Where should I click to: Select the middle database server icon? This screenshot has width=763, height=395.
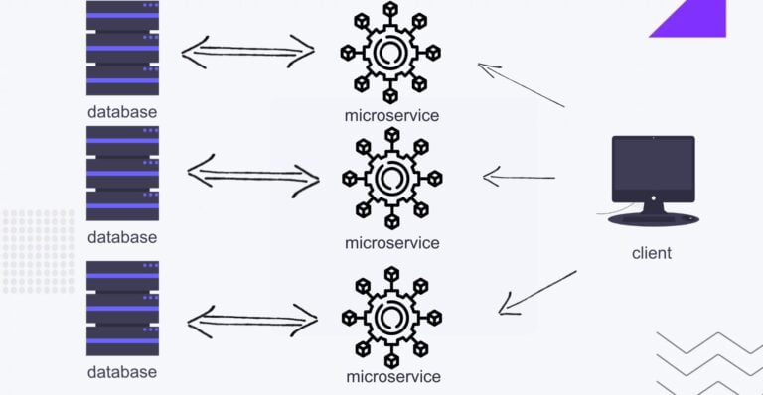click(x=122, y=174)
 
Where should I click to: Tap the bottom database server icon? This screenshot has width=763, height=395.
click(x=122, y=309)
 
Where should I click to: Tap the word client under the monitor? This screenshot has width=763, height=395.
click(x=652, y=253)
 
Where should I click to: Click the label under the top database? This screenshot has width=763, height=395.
click(x=122, y=111)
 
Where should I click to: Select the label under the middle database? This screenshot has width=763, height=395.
click(x=122, y=237)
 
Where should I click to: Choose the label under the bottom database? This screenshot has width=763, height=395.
click(x=122, y=372)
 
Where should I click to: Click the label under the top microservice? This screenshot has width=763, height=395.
click(x=391, y=115)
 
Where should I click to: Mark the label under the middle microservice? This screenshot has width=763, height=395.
click(x=391, y=242)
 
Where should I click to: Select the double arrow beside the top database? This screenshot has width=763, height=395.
click(x=248, y=51)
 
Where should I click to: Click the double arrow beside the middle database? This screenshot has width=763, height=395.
click(x=252, y=177)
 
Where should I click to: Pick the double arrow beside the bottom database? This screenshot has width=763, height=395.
click(x=252, y=319)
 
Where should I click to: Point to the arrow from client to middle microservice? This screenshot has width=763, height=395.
click(x=519, y=179)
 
